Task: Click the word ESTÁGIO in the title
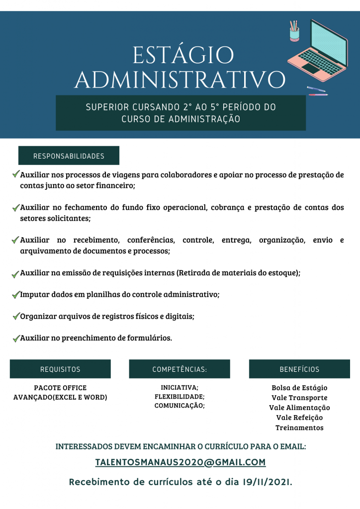(183, 55)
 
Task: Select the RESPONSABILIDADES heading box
(69, 156)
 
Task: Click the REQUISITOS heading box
(60, 369)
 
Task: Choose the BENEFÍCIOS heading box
(299, 369)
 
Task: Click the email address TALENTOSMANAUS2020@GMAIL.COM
(180, 462)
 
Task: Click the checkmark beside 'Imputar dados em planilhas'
(15, 295)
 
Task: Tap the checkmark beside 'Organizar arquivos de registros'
(15, 316)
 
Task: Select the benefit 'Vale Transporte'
(299, 398)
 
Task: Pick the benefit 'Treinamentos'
(299, 427)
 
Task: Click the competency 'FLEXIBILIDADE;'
(180, 397)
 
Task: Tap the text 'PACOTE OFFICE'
(60, 388)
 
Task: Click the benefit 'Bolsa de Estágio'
(299, 388)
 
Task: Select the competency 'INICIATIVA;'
(180, 387)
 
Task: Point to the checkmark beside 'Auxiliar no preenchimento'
(15, 339)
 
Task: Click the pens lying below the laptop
(317, 91)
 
